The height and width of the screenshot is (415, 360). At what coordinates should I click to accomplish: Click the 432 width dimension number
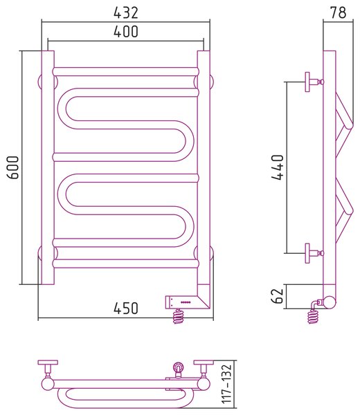pyautogui.click(x=126, y=12)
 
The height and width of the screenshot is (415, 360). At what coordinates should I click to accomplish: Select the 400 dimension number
pyautogui.click(x=126, y=31)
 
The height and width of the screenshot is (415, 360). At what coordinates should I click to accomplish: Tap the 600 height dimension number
pyautogui.click(x=13, y=167)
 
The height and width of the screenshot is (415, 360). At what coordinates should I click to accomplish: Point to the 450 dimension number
pyautogui.click(x=126, y=308)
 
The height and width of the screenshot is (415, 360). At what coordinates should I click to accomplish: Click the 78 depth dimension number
pyautogui.click(x=339, y=12)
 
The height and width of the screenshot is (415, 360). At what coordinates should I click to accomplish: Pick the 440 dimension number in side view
pyautogui.click(x=278, y=167)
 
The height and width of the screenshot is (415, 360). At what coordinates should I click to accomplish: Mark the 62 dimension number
pyautogui.click(x=278, y=296)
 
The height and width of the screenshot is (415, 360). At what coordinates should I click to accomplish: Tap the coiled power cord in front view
pyautogui.click(x=178, y=316)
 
